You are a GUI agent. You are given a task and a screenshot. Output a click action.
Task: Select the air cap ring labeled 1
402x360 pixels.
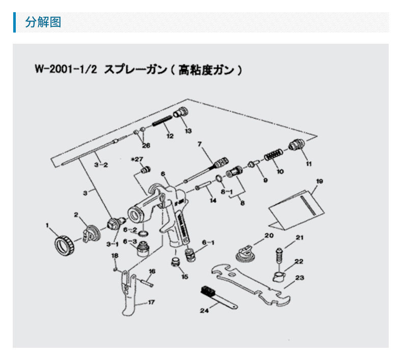(x=64, y=246)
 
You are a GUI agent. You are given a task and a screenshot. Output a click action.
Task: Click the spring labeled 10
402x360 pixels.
(x=274, y=152)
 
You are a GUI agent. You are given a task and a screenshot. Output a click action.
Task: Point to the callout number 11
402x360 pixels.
(x=308, y=163)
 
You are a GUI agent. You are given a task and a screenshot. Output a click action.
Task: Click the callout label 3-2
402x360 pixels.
(x=101, y=166)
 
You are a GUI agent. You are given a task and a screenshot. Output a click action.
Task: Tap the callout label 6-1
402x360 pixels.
(x=209, y=242)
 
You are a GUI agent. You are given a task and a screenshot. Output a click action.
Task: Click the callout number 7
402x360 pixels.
(x=200, y=144)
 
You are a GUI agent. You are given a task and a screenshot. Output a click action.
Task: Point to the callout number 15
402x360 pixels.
(x=184, y=277)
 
